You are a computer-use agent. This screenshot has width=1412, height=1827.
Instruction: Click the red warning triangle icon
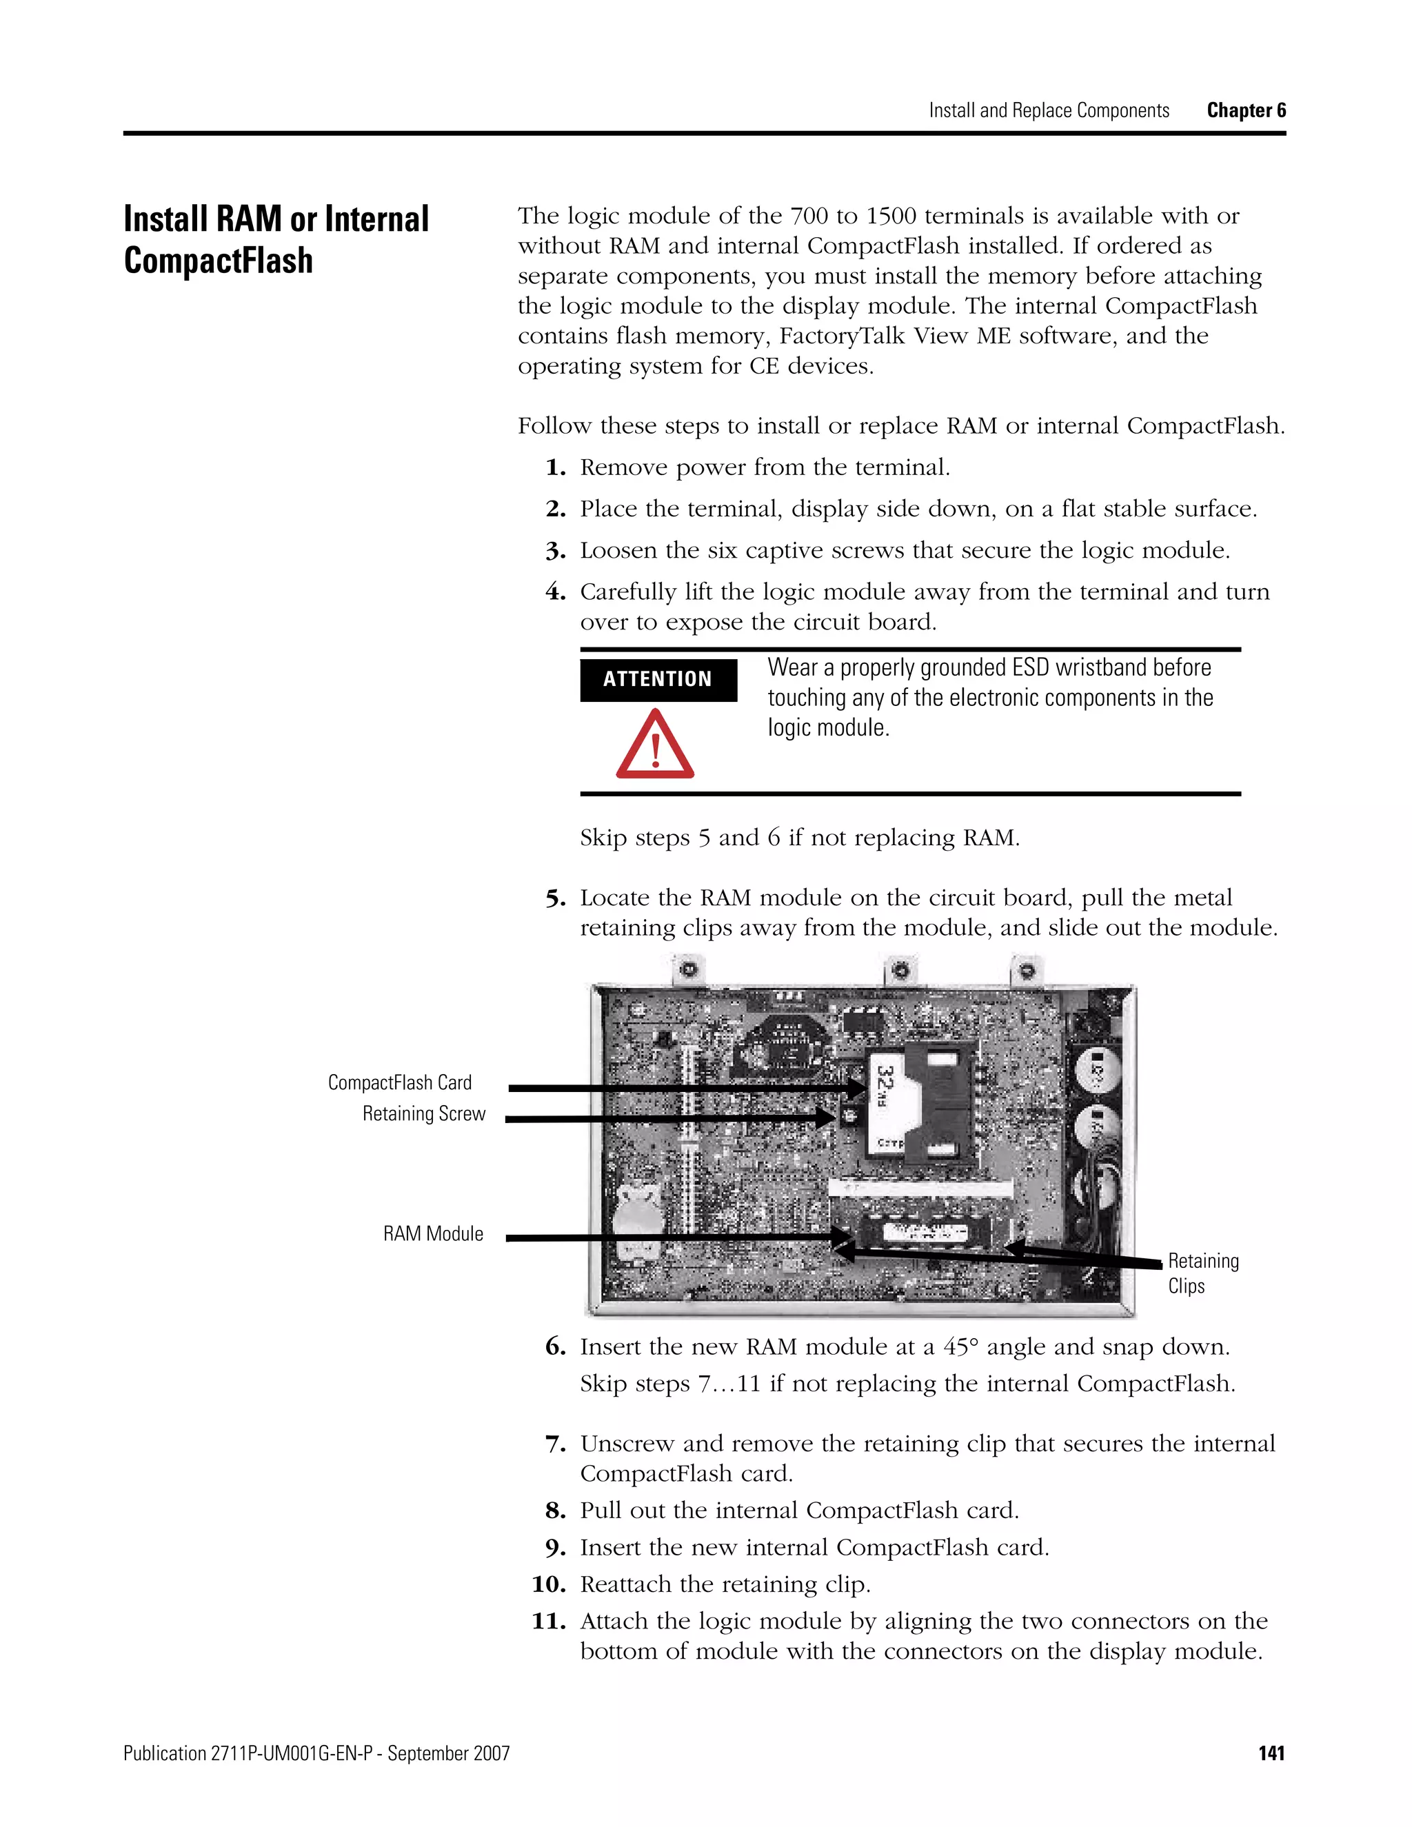655,745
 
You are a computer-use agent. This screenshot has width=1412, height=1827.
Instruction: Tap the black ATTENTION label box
658,679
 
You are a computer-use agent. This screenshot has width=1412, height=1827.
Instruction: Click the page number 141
1271,1753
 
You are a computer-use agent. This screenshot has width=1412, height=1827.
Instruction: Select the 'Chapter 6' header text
1246,110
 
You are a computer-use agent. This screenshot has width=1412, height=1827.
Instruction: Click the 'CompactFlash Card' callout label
400,1082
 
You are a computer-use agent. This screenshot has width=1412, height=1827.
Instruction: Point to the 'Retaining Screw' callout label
423,1113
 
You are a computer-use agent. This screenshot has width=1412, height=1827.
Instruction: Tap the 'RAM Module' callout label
433,1234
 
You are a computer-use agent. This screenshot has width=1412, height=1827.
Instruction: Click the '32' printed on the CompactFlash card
883,1082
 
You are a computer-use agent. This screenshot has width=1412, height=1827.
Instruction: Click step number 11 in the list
549,1622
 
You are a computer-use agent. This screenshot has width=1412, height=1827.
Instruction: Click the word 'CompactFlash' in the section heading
219,260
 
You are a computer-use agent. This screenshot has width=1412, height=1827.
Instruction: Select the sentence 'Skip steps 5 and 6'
800,838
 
